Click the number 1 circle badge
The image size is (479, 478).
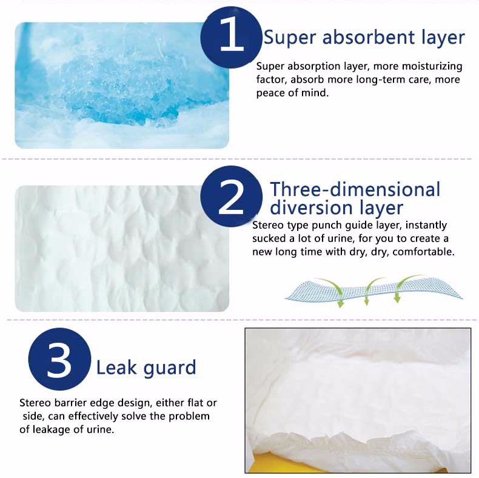(231, 37)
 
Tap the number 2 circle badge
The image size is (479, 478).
(231, 197)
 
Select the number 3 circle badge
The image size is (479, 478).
(59, 359)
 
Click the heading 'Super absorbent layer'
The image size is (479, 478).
(364, 38)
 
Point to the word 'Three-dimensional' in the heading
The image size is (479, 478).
(355, 189)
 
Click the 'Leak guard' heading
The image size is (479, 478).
(146, 368)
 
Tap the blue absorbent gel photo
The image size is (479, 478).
(122, 86)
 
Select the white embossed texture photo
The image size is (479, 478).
(122, 249)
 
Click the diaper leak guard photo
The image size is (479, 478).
(358, 400)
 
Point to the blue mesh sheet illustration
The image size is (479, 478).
(373, 290)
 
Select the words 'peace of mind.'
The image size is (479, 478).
(292, 93)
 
